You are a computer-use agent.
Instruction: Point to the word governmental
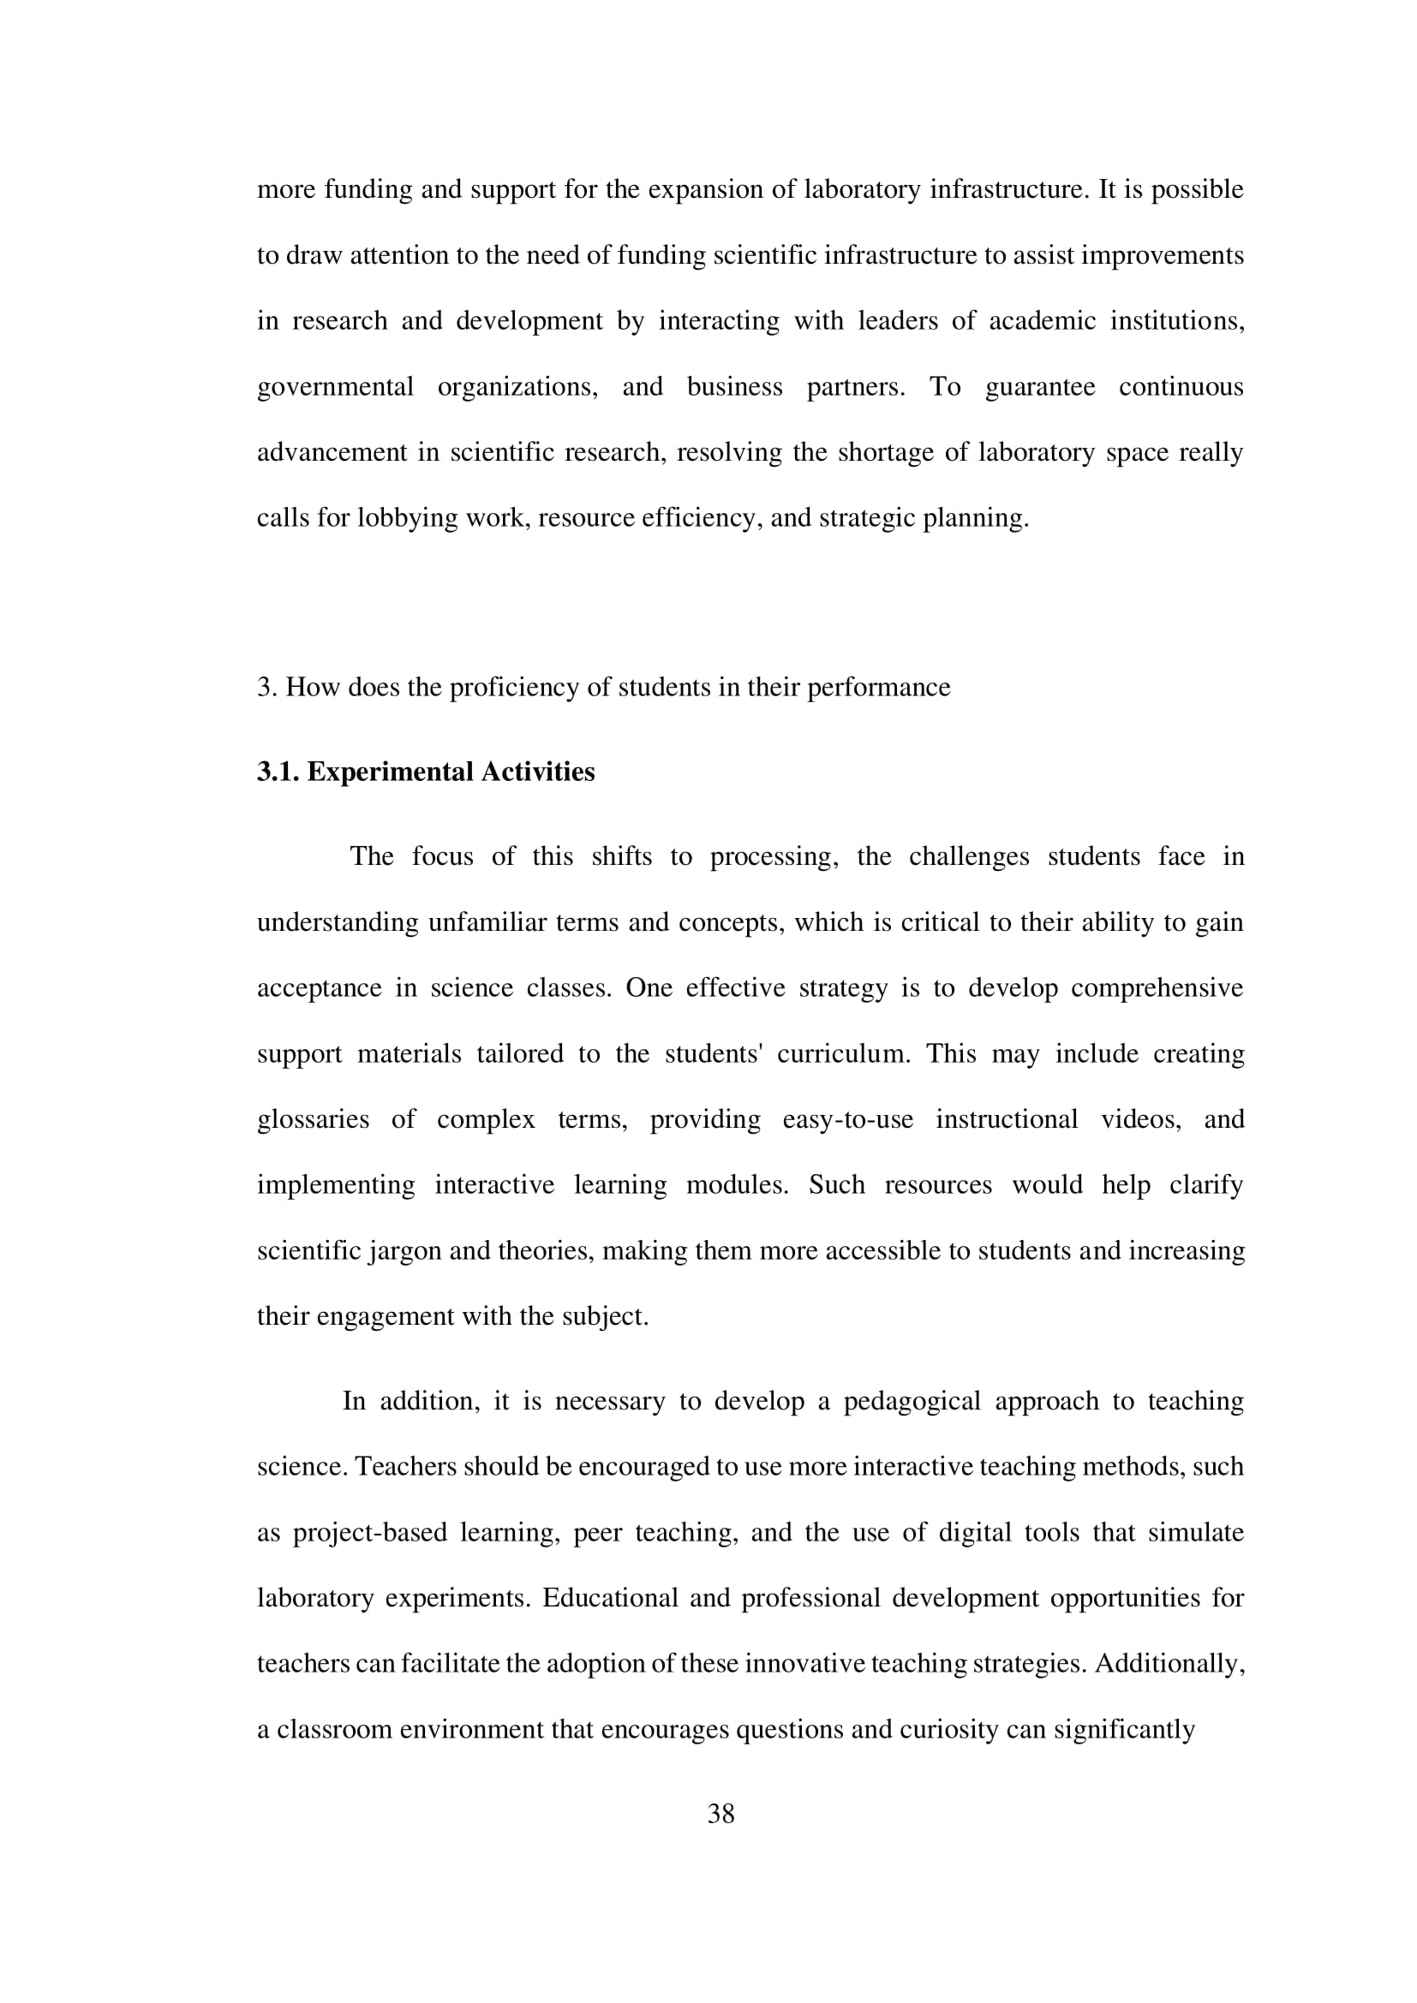pos(335,386)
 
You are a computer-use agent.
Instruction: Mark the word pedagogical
pos(907,1401)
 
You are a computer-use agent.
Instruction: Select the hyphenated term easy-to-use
pos(847,1119)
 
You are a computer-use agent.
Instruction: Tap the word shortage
pos(879,453)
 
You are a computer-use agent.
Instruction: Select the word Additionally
pos(1169,1664)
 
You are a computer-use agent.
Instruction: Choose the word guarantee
pos(1040,386)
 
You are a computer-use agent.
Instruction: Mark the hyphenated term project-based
pos(370,1533)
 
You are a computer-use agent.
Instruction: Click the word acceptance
pos(319,987)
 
